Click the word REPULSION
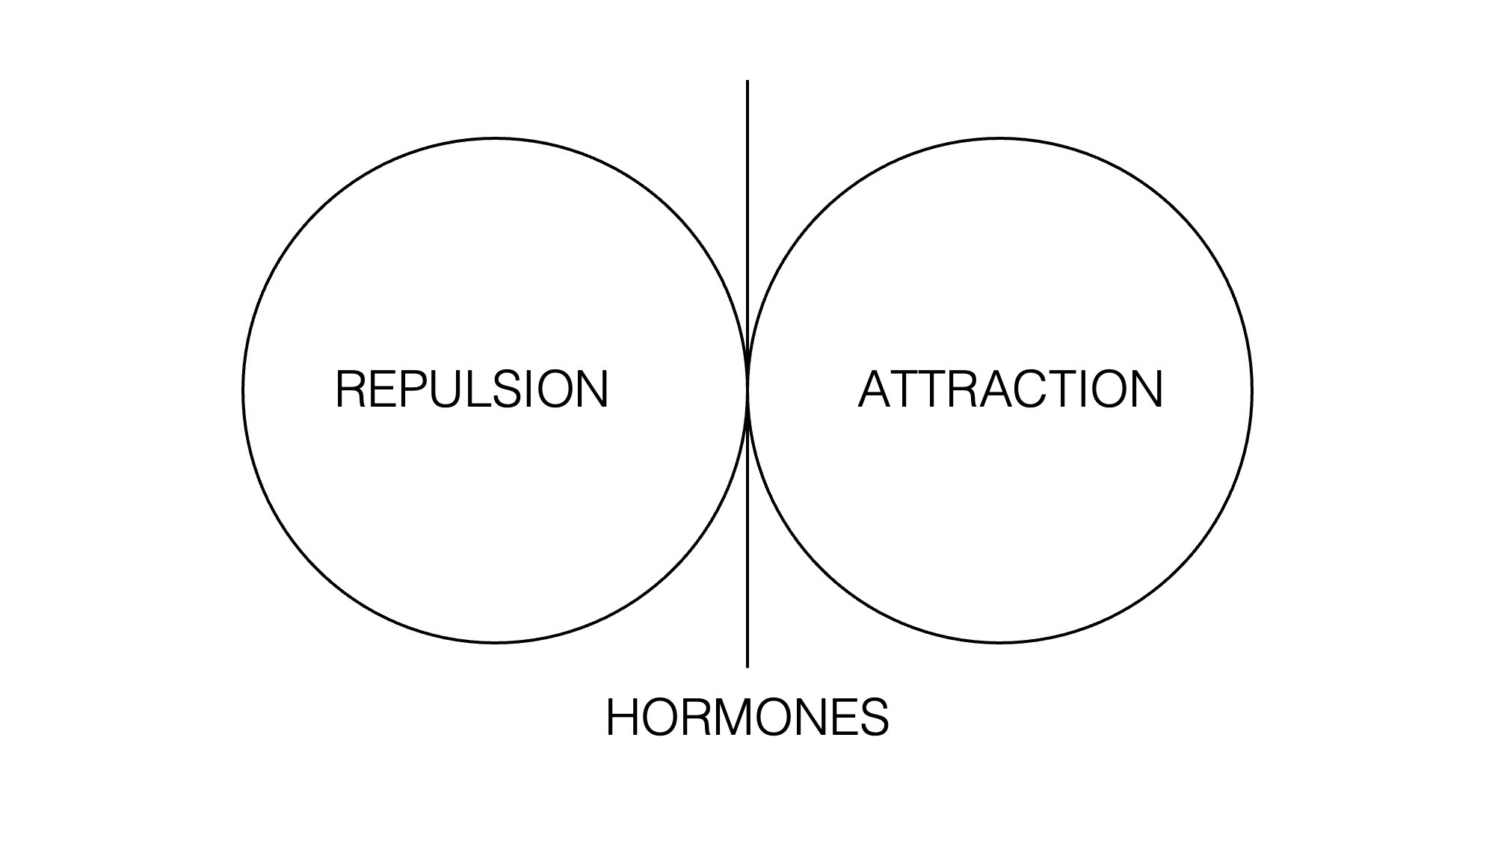(x=472, y=389)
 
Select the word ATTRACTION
(x=1010, y=389)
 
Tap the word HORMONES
(x=747, y=718)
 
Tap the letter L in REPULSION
(x=480, y=389)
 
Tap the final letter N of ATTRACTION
(x=1147, y=389)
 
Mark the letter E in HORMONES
(x=842, y=718)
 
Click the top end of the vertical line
(x=747, y=82)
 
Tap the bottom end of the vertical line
(x=747, y=665)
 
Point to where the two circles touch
(x=747, y=389)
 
